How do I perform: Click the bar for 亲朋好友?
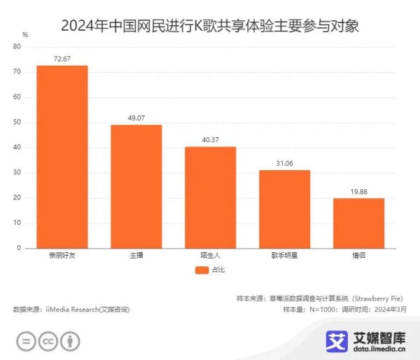tap(62, 156)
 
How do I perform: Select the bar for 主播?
tap(136, 186)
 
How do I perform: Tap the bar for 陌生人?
tap(211, 197)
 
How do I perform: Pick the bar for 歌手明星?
tap(285, 209)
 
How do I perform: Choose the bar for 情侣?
tap(358, 223)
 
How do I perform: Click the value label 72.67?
tap(62, 59)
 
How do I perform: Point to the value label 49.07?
tap(136, 118)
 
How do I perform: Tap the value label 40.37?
tap(211, 140)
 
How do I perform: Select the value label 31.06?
tap(285, 163)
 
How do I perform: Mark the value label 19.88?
tap(358, 191)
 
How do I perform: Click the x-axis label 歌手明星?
tap(285, 256)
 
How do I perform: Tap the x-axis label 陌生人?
tap(211, 256)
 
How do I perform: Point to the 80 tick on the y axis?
tap(17, 47)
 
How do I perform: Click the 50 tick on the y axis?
tap(17, 123)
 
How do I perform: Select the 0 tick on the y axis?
tap(20, 248)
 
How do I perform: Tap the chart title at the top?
tap(210, 27)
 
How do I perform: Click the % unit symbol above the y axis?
tap(25, 34)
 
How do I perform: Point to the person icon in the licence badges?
tap(70, 341)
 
